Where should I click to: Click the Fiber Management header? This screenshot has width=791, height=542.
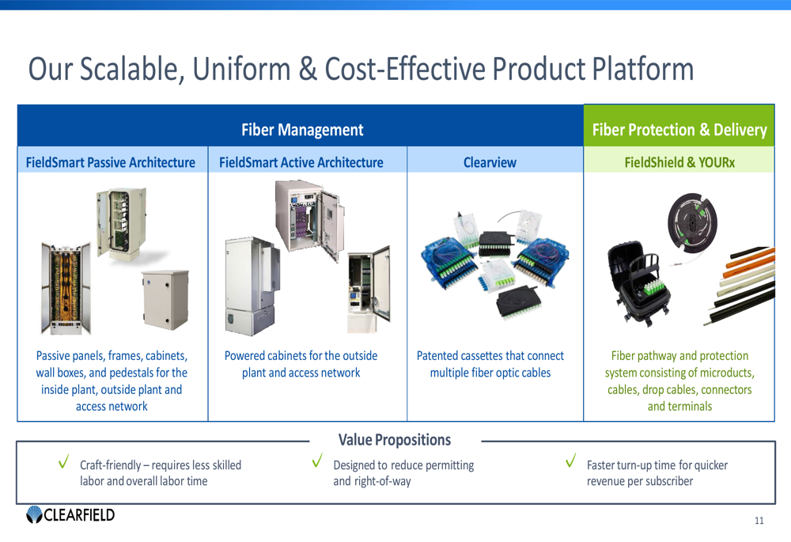pyautogui.click(x=301, y=130)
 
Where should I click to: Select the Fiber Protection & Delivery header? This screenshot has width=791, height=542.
pyautogui.click(x=679, y=130)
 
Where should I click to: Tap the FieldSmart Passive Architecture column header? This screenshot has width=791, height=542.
pyautogui.click(x=111, y=162)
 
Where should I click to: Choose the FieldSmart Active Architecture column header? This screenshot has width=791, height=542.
pyautogui.click(x=301, y=162)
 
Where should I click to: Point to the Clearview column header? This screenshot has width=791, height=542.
pyautogui.click(x=490, y=162)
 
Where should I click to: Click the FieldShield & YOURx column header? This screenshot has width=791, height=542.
pyautogui.click(x=679, y=162)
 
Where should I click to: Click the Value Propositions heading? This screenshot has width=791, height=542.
pyautogui.click(x=394, y=440)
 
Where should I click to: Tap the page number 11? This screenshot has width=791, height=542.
pyautogui.click(x=759, y=520)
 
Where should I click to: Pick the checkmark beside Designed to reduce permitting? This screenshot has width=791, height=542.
pyautogui.click(x=317, y=461)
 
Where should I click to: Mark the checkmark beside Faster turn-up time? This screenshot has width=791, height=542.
pyautogui.click(x=570, y=461)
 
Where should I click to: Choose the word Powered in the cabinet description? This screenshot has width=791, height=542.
pyautogui.click(x=251, y=356)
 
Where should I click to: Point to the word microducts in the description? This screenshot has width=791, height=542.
pyautogui.click(x=724, y=373)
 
